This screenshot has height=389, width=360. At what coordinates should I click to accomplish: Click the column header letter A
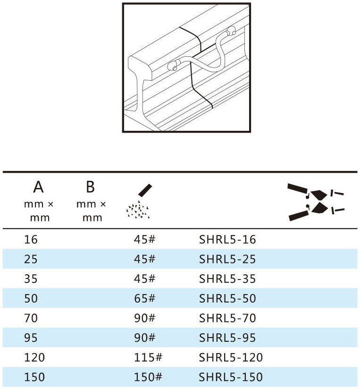coord(38,187)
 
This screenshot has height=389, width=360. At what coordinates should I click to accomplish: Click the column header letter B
coord(91,187)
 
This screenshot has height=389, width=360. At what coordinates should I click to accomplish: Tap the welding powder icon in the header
coord(139,201)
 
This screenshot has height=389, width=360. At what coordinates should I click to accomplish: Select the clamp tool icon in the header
coord(316,202)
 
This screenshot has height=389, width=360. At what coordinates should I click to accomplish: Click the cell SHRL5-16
coord(227,240)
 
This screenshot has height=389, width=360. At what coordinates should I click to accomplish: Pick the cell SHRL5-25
coord(227,259)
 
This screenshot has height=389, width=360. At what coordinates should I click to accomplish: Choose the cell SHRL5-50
coord(227,298)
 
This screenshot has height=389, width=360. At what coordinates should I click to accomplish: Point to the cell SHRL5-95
coord(227,338)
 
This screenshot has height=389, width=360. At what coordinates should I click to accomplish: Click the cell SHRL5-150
coord(231,377)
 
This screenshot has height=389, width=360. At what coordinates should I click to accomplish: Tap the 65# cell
coord(144,298)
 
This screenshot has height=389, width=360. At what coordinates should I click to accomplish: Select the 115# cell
coord(148,357)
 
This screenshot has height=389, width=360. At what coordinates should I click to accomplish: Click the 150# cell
coord(148,377)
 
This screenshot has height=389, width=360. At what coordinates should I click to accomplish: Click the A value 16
coord(31,240)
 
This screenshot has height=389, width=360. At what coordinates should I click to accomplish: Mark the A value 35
coord(31,279)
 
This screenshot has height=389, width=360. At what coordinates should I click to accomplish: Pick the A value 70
coord(31,318)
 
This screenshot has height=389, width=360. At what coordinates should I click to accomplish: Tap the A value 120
coord(34,357)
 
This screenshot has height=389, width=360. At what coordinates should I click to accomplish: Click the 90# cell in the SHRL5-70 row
coord(144,318)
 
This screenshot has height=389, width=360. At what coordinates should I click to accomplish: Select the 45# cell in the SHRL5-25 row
coord(144,259)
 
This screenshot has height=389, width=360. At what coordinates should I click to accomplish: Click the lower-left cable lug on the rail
coord(174,65)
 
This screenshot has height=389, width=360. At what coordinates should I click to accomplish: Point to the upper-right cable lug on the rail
coord(231,31)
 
